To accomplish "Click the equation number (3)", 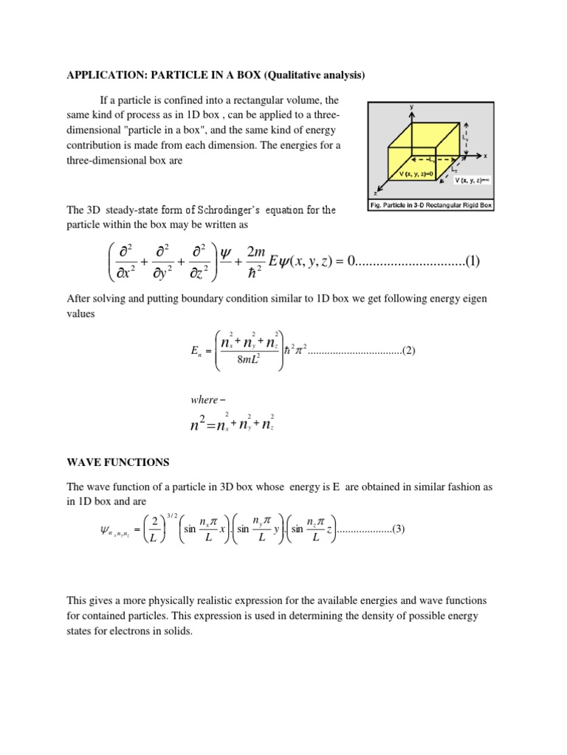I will [x=398, y=530].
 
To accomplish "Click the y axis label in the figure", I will [x=411, y=107].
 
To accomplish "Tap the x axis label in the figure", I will [x=486, y=156].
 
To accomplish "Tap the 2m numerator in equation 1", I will [x=255, y=252].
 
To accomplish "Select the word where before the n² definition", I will [x=204, y=400].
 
